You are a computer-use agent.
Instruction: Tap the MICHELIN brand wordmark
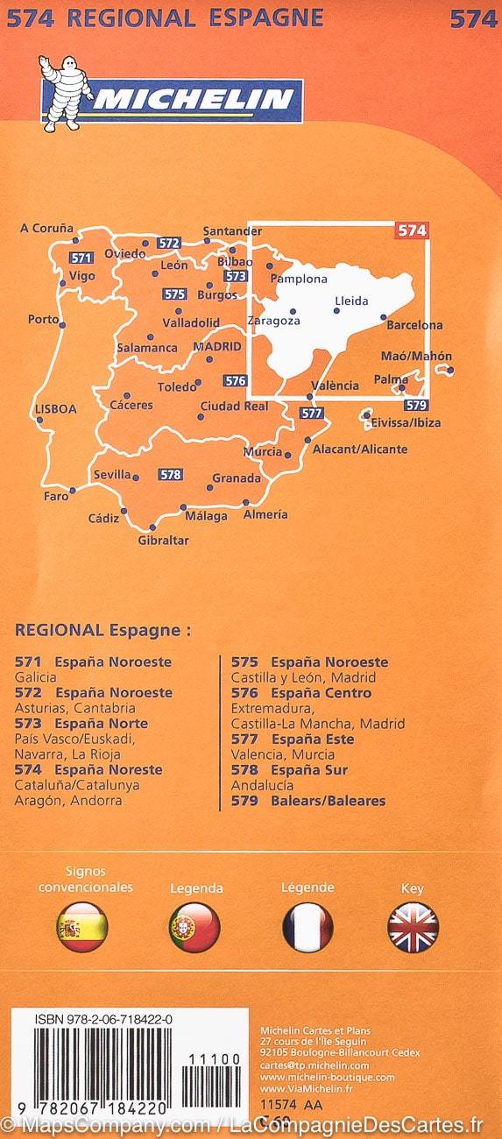click(x=194, y=100)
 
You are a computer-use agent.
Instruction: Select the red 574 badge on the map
click(x=412, y=230)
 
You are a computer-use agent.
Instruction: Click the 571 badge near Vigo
click(x=81, y=258)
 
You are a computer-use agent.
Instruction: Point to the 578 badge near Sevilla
click(x=170, y=474)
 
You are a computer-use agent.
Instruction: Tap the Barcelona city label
click(x=414, y=325)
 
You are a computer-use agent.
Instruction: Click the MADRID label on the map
click(x=216, y=346)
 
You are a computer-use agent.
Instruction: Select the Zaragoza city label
click(x=274, y=321)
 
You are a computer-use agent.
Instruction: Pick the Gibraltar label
click(x=163, y=540)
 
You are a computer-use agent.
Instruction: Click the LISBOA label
click(x=56, y=408)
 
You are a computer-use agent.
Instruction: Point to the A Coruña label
click(x=46, y=228)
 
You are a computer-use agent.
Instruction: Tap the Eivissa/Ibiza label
click(x=406, y=422)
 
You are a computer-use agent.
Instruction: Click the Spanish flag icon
click(x=81, y=927)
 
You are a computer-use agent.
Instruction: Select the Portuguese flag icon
click(x=194, y=927)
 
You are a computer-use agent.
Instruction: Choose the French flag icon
click(x=308, y=927)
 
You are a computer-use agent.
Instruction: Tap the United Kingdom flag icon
click(x=413, y=927)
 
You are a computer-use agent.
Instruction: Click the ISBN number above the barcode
click(x=91, y=1020)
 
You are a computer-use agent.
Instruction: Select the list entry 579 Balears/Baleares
click(x=308, y=800)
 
